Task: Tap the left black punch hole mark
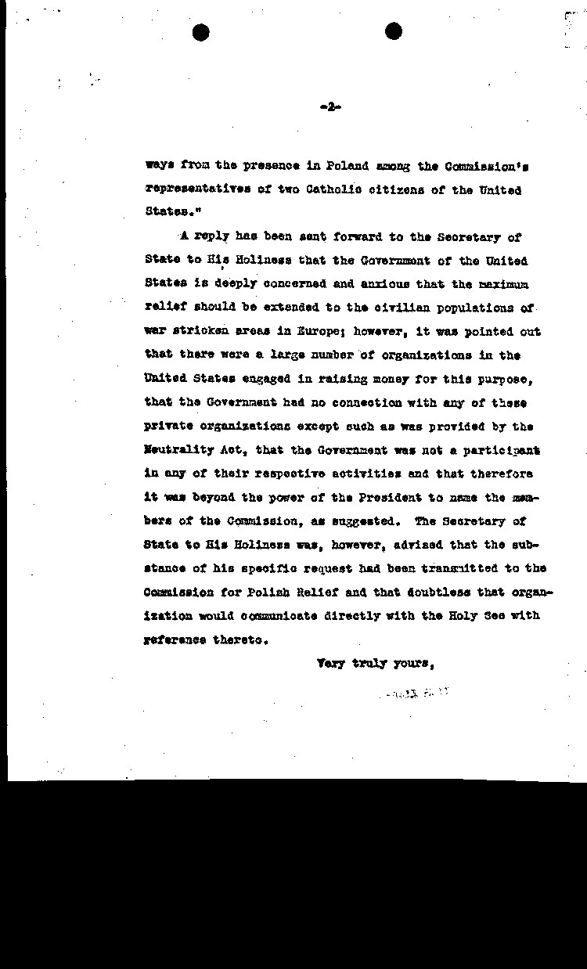[x=201, y=32]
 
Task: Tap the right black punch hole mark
[x=394, y=31]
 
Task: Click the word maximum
[x=504, y=284]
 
